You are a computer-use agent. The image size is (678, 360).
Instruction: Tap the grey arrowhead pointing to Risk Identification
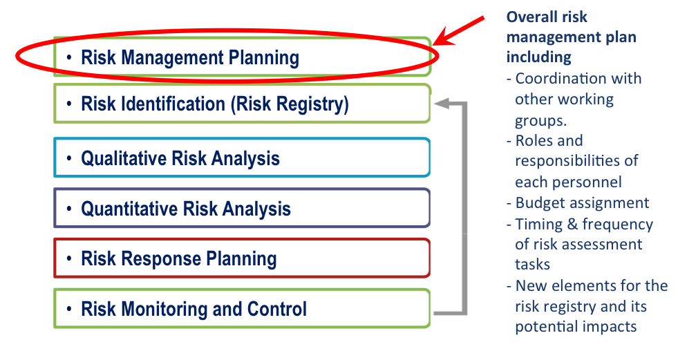[442, 103]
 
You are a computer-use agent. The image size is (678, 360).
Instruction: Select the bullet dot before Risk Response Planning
[69, 259]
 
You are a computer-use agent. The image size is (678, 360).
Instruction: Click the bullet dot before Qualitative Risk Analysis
[69, 159]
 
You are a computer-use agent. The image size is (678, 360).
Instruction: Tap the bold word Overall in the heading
[528, 17]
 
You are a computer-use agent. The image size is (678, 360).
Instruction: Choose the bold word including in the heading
[539, 57]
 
